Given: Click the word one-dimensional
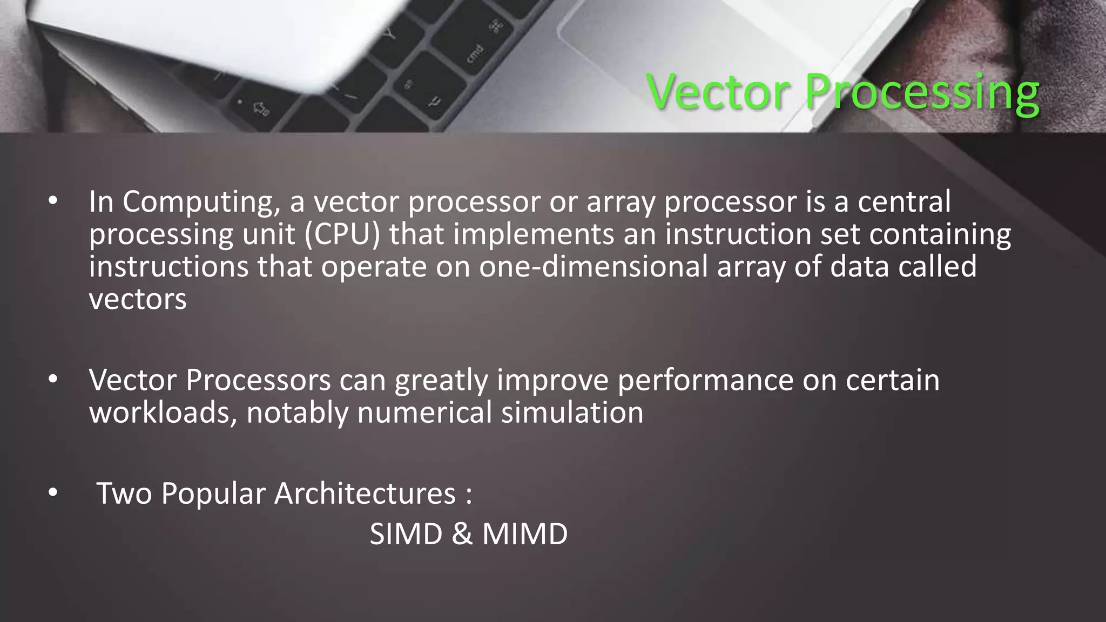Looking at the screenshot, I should [x=593, y=267].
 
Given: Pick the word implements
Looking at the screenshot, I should [x=533, y=234].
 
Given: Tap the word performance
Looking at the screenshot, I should [x=705, y=381].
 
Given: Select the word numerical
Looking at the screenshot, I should [x=424, y=413].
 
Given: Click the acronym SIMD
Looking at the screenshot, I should [x=406, y=534].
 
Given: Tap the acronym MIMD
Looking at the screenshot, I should [x=524, y=534].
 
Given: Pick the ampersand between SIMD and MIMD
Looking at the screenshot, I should [x=462, y=534].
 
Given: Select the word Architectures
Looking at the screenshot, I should [x=365, y=493].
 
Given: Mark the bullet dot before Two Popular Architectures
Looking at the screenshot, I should [x=52, y=492].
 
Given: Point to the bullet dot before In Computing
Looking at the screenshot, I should [x=52, y=201].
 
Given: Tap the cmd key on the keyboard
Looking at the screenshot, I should [x=475, y=53].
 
